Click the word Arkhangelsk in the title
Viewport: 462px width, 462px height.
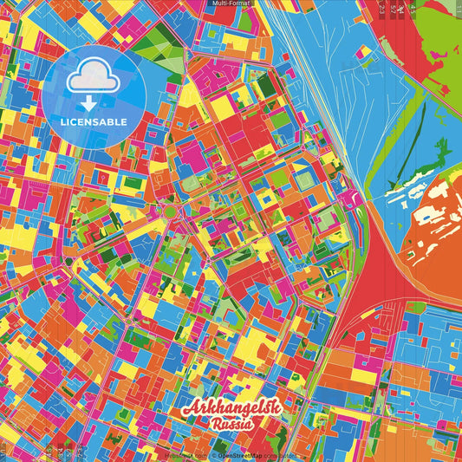coord(230,410)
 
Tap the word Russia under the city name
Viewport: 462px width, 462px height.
coord(231,425)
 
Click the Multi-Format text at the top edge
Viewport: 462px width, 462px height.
coord(231,4)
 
